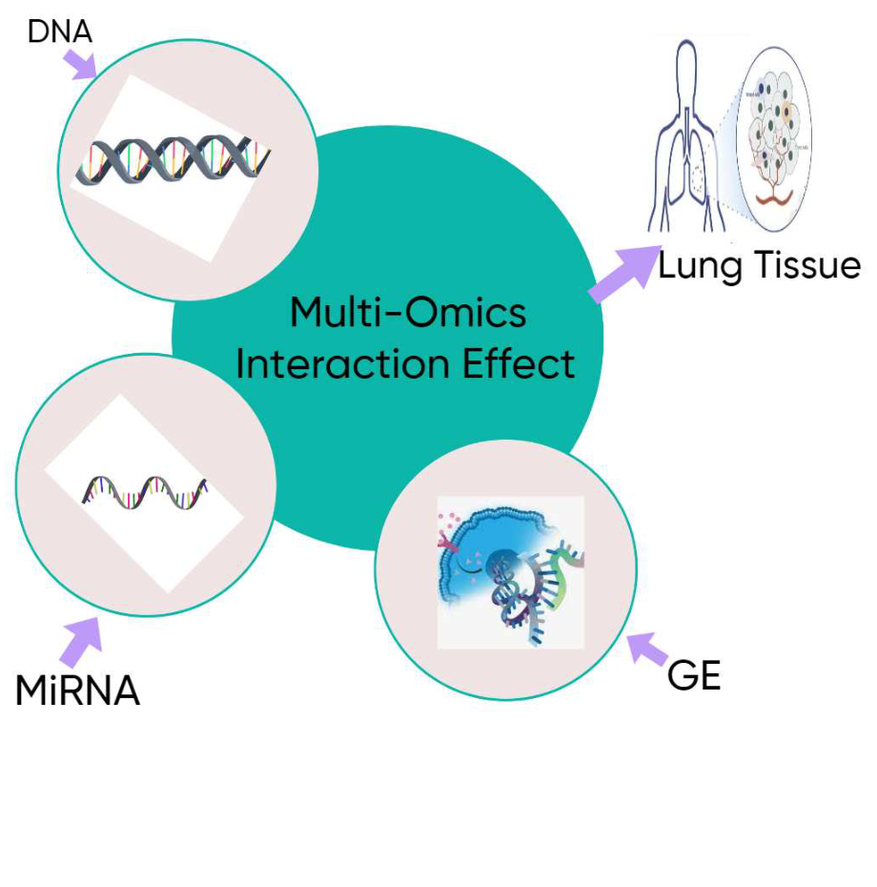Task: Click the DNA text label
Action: (x=59, y=31)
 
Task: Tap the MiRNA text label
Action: (x=77, y=691)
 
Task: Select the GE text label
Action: (x=693, y=676)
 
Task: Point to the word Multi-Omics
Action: (x=407, y=314)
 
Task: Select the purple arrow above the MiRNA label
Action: (x=83, y=640)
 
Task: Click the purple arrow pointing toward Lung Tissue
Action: (x=620, y=276)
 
